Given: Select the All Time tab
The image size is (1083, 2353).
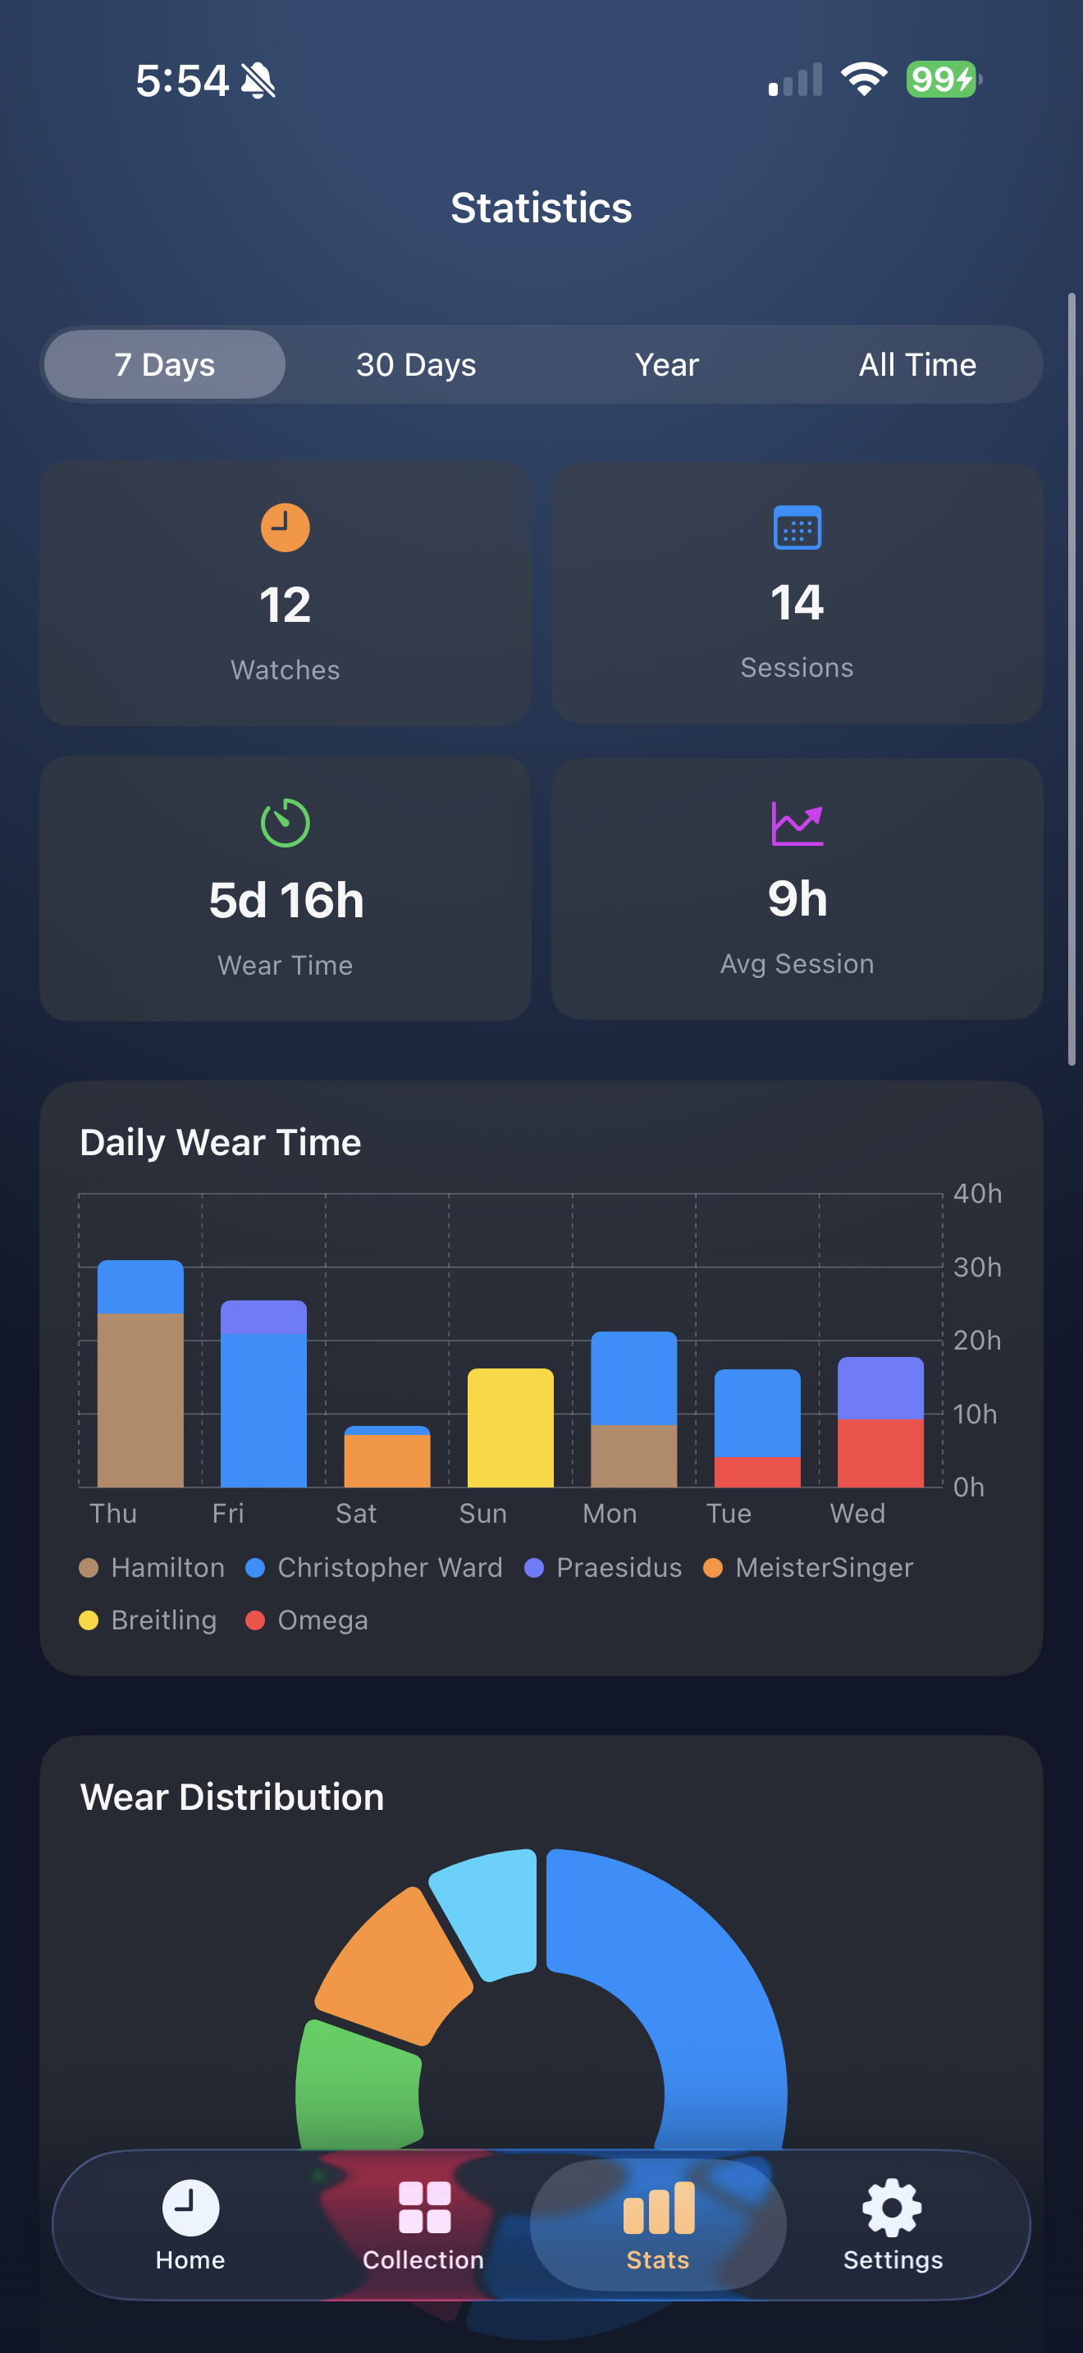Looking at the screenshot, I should coord(916,364).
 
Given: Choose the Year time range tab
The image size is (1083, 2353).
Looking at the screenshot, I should coord(666,364).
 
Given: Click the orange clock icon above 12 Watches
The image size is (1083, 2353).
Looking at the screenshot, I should coord(285,527).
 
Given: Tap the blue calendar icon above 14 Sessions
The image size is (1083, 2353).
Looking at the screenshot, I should coord(797,527).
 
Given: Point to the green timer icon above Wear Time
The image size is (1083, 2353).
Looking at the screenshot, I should coord(285,823).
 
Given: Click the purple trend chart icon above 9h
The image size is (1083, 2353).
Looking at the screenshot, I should coord(797,823).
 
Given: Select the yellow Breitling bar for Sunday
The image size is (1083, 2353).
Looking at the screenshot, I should coord(510,1427).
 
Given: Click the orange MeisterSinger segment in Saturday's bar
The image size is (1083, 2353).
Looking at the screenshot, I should coord(387,1460).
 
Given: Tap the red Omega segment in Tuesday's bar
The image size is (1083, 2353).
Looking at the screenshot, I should coord(757,1472).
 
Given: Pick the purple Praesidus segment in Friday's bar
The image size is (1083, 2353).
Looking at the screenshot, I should coord(264,1316).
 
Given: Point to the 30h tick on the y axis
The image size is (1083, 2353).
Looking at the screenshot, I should coord(977,1267).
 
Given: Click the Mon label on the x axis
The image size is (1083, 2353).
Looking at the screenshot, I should coord(609,1514).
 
